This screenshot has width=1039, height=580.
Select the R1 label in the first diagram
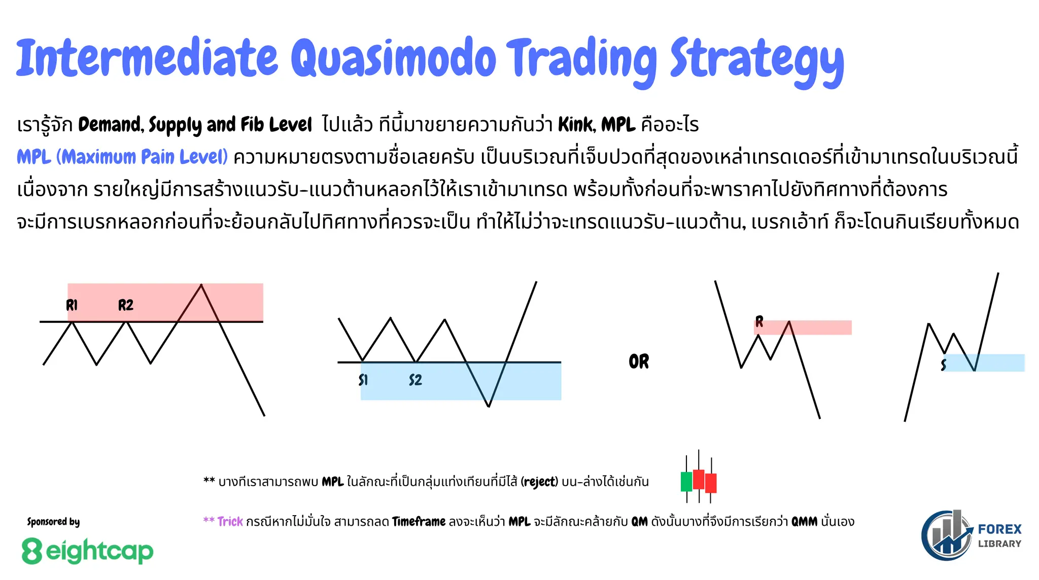(x=72, y=305)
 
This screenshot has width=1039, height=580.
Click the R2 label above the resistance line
(x=125, y=305)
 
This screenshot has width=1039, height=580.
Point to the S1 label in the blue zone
(x=363, y=380)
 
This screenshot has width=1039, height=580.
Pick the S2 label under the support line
(x=415, y=380)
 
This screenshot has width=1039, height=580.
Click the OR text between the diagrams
(x=639, y=361)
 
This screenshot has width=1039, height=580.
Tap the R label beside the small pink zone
(x=759, y=321)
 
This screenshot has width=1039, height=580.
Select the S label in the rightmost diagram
(x=943, y=365)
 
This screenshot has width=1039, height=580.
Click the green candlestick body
(x=686, y=481)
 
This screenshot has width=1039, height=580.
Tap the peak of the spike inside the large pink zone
(x=201, y=285)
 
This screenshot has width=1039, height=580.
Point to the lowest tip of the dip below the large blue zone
(x=488, y=406)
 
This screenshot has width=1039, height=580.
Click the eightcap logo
(x=87, y=551)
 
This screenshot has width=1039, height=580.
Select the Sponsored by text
(x=53, y=522)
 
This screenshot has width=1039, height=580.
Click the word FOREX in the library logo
(x=999, y=529)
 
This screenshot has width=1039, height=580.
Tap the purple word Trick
(x=230, y=522)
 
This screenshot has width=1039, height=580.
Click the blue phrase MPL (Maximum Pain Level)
(x=122, y=157)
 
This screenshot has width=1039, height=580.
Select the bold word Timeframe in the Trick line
(x=419, y=522)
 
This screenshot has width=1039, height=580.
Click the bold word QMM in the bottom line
(x=804, y=522)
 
